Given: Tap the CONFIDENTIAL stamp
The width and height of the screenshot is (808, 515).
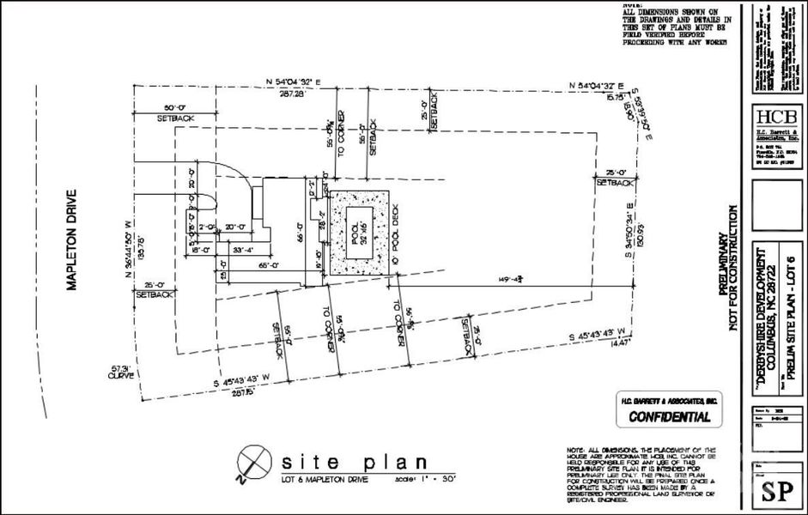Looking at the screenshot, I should point(670,418).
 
